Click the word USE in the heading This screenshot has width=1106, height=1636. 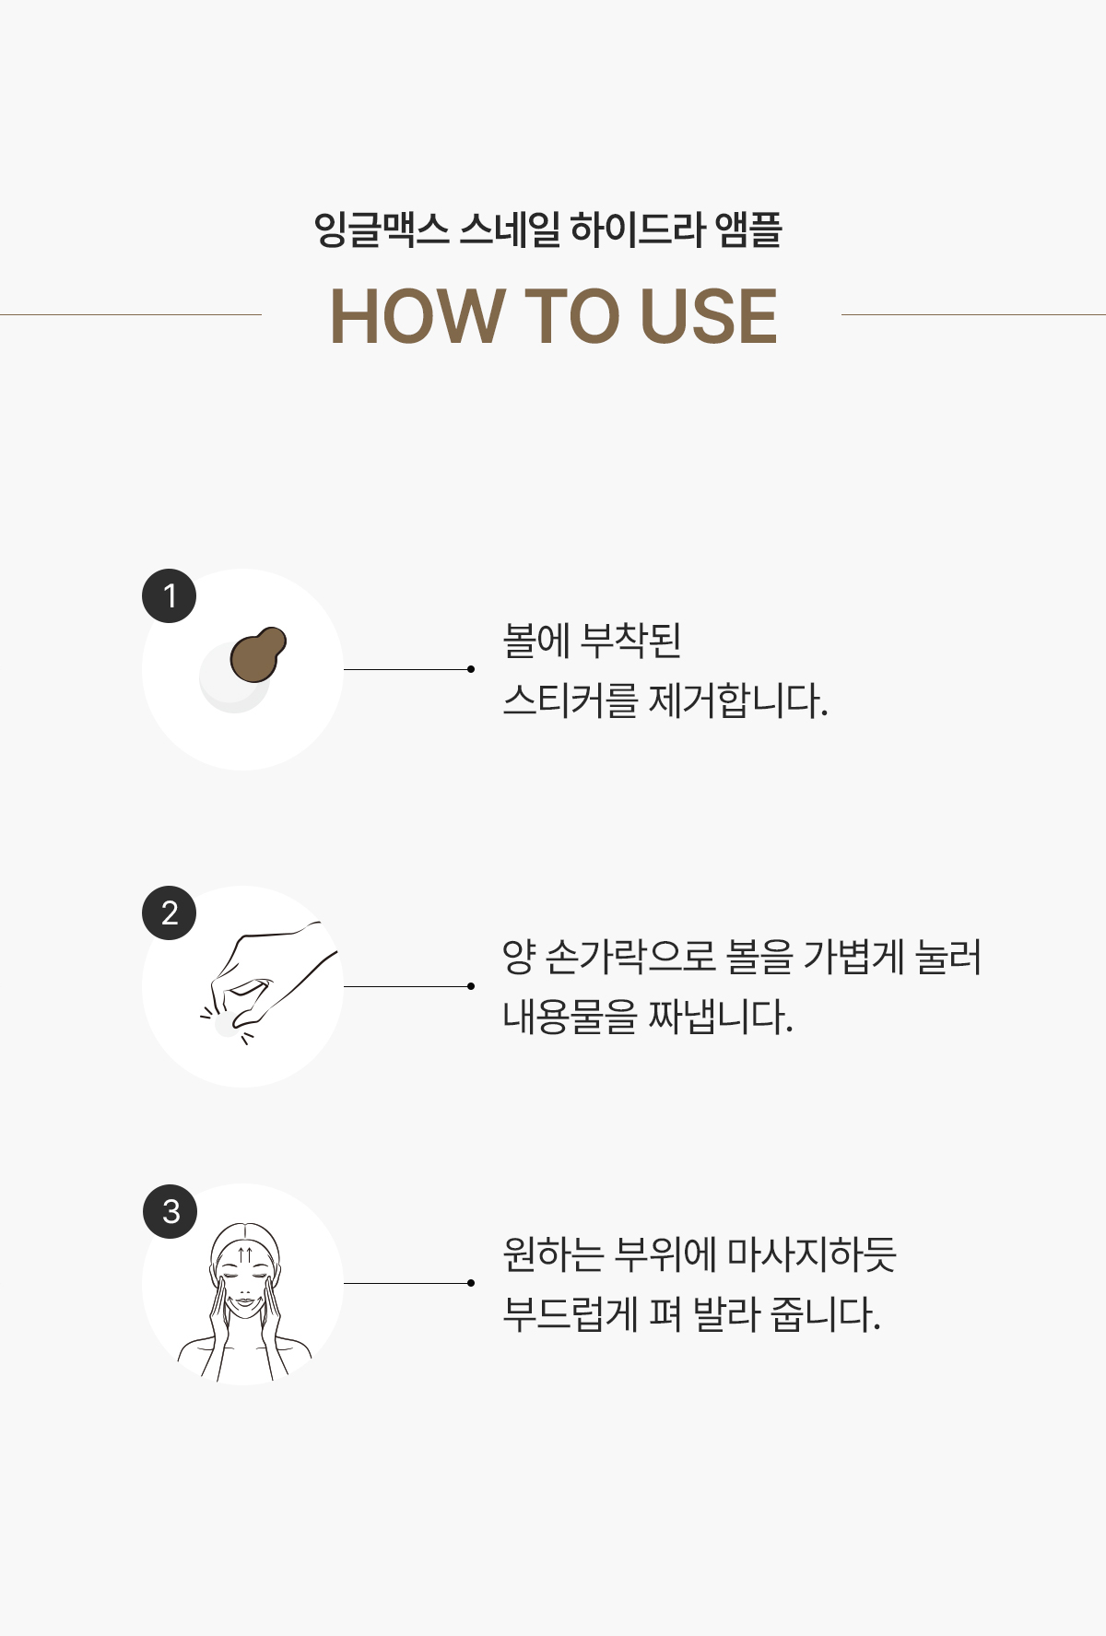(709, 316)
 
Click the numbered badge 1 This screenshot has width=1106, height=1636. (170, 596)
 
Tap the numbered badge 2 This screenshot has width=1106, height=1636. (170, 912)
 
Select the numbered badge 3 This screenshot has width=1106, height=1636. (171, 1211)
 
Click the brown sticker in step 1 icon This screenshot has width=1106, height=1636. (258, 653)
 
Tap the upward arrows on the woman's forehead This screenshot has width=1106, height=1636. (244, 1254)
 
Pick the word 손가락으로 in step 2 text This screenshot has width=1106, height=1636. (630, 957)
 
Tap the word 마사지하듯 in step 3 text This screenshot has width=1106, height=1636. (812, 1254)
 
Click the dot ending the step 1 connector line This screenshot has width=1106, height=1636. (471, 669)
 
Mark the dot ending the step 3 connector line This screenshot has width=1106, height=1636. (471, 1283)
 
